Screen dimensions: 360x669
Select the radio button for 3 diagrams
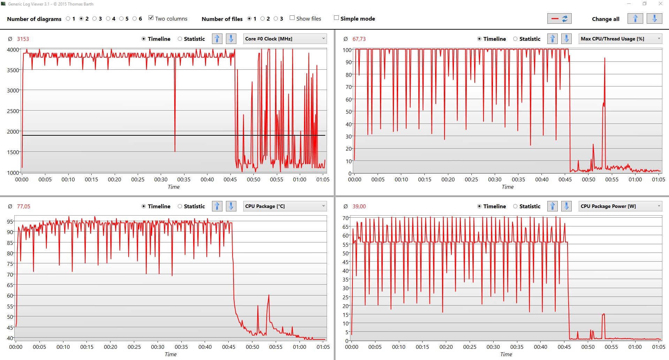click(94, 19)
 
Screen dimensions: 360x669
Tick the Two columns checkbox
click(151, 18)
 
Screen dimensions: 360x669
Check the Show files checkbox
click(292, 18)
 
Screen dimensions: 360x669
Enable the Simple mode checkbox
click(336, 18)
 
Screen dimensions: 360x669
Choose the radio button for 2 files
click(263, 19)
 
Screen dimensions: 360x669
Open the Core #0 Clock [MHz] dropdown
click(285, 39)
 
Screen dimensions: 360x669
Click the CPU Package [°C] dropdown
click(285, 206)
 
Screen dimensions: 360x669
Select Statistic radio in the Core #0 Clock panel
click(180, 39)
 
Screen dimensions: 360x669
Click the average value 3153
click(23, 39)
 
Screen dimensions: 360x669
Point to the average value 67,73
click(359, 39)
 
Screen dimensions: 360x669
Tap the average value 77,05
click(23, 207)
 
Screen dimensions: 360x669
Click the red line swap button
click(559, 19)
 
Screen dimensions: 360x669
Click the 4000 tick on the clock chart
click(13, 50)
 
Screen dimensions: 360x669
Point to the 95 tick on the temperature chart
click(10, 222)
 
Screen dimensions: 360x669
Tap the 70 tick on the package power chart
click(345, 218)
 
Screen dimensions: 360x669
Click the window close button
click(660, 4)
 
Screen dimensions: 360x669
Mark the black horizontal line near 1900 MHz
click(105, 135)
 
